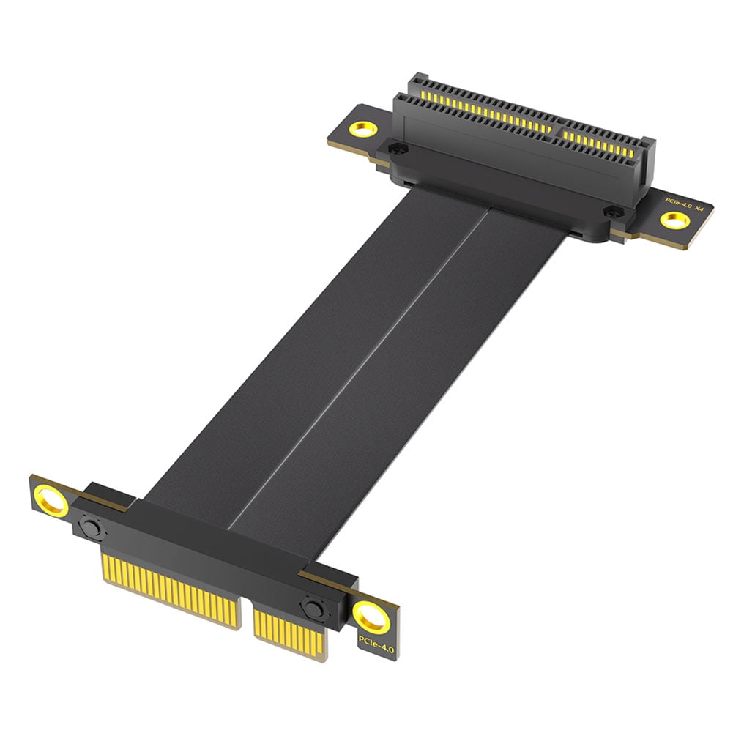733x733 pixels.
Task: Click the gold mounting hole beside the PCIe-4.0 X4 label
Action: tap(672, 220)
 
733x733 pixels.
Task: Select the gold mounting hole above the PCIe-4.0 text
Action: tap(372, 619)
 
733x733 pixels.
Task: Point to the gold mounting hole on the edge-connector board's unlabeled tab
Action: tap(53, 502)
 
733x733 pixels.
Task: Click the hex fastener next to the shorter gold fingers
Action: tap(313, 608)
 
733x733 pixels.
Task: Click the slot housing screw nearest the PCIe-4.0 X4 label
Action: tap(607, 211)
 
